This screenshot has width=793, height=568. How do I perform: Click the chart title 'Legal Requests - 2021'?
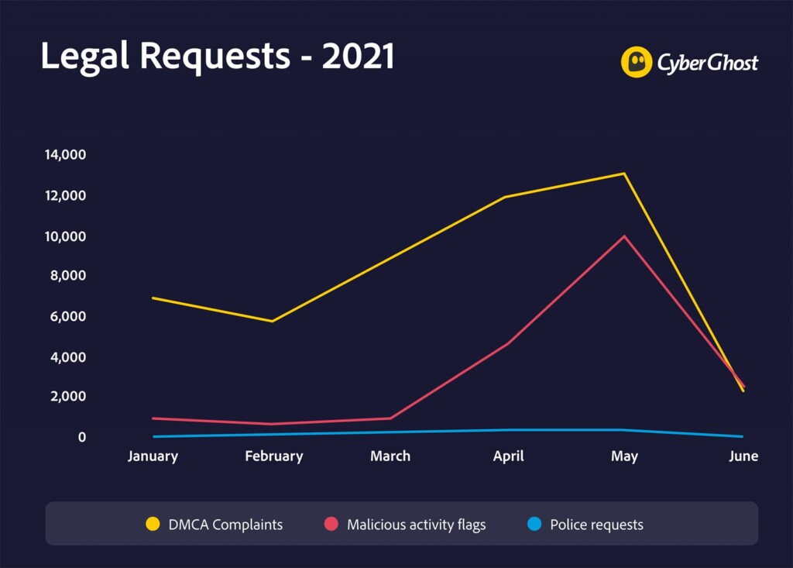point(218,57)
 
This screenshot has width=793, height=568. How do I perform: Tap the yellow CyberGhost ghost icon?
point(637,62)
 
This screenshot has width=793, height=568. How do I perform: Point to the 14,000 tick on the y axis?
point(65,154)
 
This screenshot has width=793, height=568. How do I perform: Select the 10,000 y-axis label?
point(65,236)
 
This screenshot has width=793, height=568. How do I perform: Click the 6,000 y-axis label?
point(68,316)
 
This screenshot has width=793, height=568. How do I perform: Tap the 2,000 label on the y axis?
point(68,396)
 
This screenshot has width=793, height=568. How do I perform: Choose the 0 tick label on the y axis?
point(82,437)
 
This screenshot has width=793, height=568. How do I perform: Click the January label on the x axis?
point(153,456)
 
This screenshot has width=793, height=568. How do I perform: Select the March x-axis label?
point(390,456)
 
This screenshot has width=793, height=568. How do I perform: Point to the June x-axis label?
point(743,456)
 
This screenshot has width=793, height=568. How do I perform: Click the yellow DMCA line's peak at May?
point(624,174)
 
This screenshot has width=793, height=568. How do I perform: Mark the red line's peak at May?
point(625,236)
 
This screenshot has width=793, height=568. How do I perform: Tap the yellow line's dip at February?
point(272,321)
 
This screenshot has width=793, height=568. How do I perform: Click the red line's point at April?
point(507,344)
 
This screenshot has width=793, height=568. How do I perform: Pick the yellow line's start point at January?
point(153,298)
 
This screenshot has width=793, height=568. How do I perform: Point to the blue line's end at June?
point(743,436)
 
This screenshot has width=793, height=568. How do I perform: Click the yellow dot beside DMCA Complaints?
point(153,524)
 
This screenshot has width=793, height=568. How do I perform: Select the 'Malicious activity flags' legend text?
point(416,525)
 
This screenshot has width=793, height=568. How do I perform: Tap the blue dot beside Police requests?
point(534,524)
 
